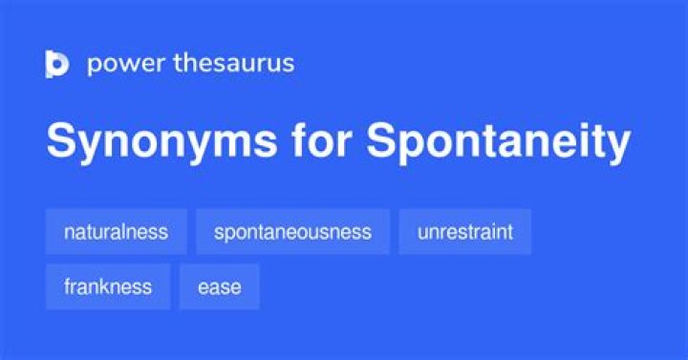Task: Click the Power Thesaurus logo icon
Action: click(57, 64)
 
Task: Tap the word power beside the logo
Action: click(119, 64)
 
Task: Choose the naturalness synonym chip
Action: click(116, 231)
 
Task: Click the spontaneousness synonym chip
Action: click(292, 231)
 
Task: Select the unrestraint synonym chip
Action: click(464, 231)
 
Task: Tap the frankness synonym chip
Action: click(107, 286)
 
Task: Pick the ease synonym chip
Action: click(219, 286)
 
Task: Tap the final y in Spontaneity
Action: click(619, 148)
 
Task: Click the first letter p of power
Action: click(93, 66)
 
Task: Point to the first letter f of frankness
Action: click(67, 286)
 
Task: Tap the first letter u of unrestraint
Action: click(421, 232)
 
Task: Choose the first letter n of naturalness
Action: click(68, 232)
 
